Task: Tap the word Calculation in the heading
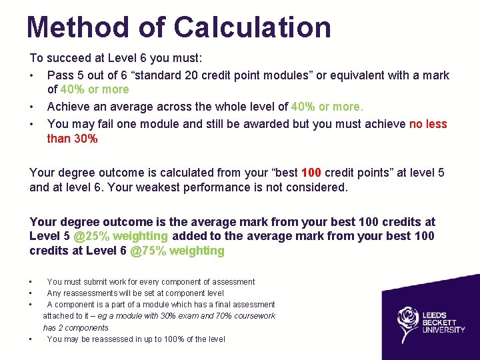coord(253,27)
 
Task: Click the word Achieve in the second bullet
coord(69,107)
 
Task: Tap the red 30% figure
coord(86,139)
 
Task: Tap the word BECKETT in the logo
coord(441,323)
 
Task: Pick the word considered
coord(315,187)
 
